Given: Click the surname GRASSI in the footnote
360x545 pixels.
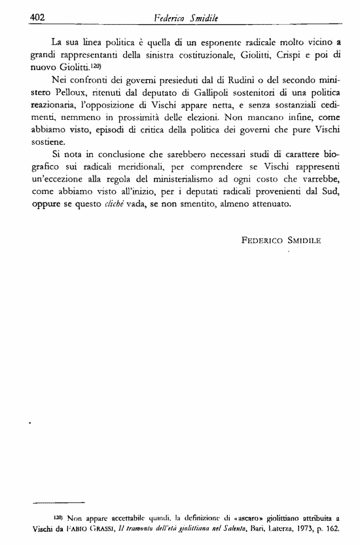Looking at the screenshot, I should coord(98,528).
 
